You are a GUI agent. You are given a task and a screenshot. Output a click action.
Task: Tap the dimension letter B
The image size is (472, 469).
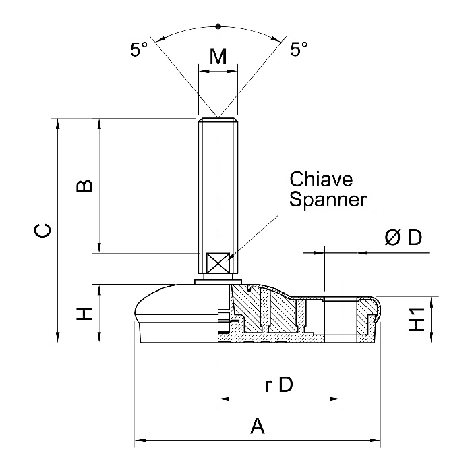tap(84, 186)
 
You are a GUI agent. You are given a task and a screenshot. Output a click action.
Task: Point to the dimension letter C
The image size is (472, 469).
tap(42, 231)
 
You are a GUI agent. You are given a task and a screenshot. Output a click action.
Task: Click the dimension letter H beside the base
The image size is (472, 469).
tap(84, 313)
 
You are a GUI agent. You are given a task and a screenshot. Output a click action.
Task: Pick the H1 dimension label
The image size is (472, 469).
tap(418, 319)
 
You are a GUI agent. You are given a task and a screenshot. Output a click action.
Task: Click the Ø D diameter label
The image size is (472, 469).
tap(403, 238)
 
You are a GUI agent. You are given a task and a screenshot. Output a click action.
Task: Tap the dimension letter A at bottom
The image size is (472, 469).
tap(257, 426)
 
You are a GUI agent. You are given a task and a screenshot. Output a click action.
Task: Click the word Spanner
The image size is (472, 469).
tap(328, 200)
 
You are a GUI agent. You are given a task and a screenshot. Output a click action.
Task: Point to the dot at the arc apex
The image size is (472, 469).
tap(218, 26)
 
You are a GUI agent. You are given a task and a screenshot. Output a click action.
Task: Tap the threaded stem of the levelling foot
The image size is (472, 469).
tap(218, 182)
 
